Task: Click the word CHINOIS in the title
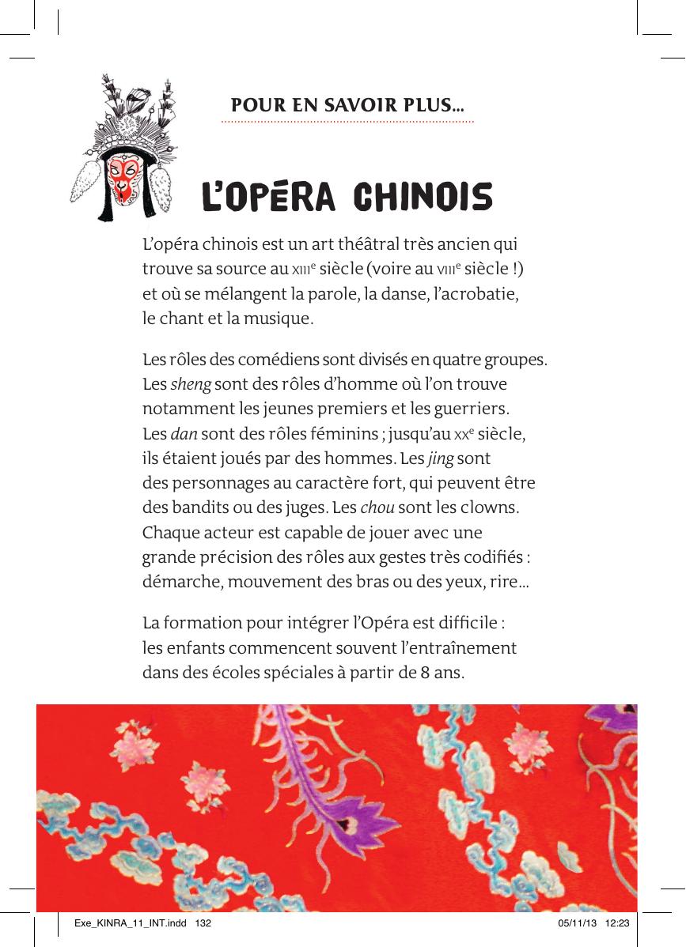tap(423, 198)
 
